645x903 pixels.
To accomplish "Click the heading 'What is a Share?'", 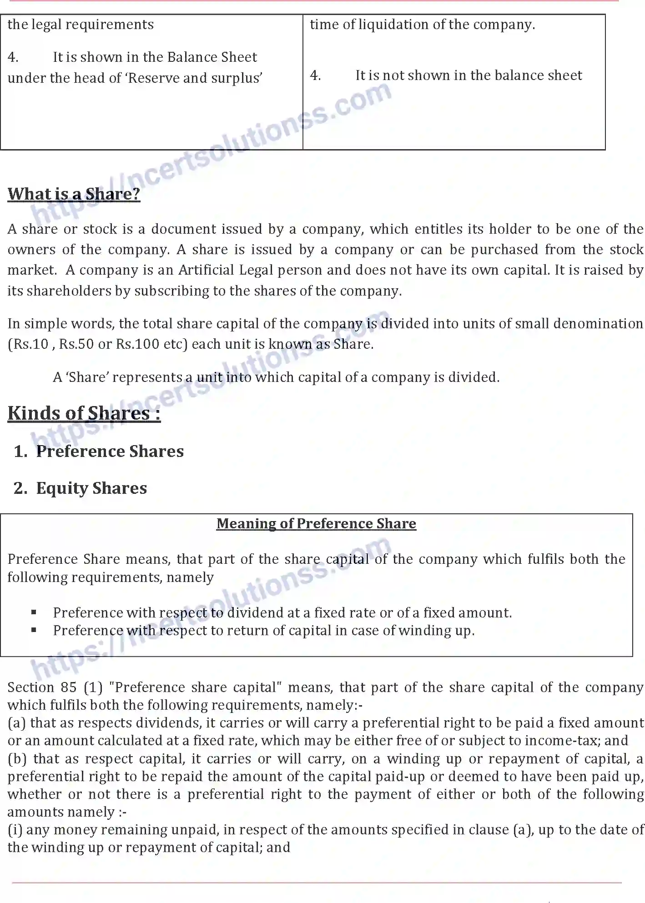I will click(74, 194).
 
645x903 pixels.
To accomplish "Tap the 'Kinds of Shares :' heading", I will click(84, 413).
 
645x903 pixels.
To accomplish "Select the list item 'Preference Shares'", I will click(110, 451).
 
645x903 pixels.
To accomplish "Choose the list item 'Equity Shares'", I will click(91, 488).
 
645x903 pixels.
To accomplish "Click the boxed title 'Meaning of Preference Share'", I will click(316, 524).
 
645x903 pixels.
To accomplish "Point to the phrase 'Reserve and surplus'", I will click(194, 78).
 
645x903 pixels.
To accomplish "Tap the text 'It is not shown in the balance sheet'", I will click(469, 75).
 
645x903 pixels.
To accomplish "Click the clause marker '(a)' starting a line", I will click(16, 723).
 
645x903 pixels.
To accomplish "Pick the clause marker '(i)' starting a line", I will click(15, 830).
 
